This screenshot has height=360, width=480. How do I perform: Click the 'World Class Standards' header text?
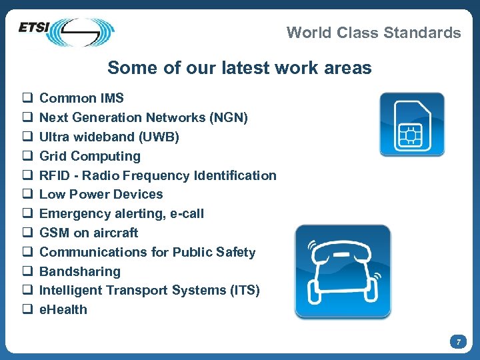click(373, 33)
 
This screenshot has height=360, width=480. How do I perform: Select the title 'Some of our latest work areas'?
click(239, 68)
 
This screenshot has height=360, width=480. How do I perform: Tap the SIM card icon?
click(411, 125)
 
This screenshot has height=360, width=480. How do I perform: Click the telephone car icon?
click(343, 271)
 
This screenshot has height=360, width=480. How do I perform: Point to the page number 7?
click(458, 342)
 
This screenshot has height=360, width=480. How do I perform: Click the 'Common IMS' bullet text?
click(81, 99)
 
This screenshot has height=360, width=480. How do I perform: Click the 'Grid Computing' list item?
click(90, 157)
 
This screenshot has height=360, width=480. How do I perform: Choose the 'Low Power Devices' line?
click(101, 195)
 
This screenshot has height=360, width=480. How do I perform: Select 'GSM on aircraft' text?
click(89, 233)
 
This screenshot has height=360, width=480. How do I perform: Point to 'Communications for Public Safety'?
click(147, 253)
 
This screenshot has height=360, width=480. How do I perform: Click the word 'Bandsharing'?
click(80, 272)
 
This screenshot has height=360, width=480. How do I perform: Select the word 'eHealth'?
click(63, 310)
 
